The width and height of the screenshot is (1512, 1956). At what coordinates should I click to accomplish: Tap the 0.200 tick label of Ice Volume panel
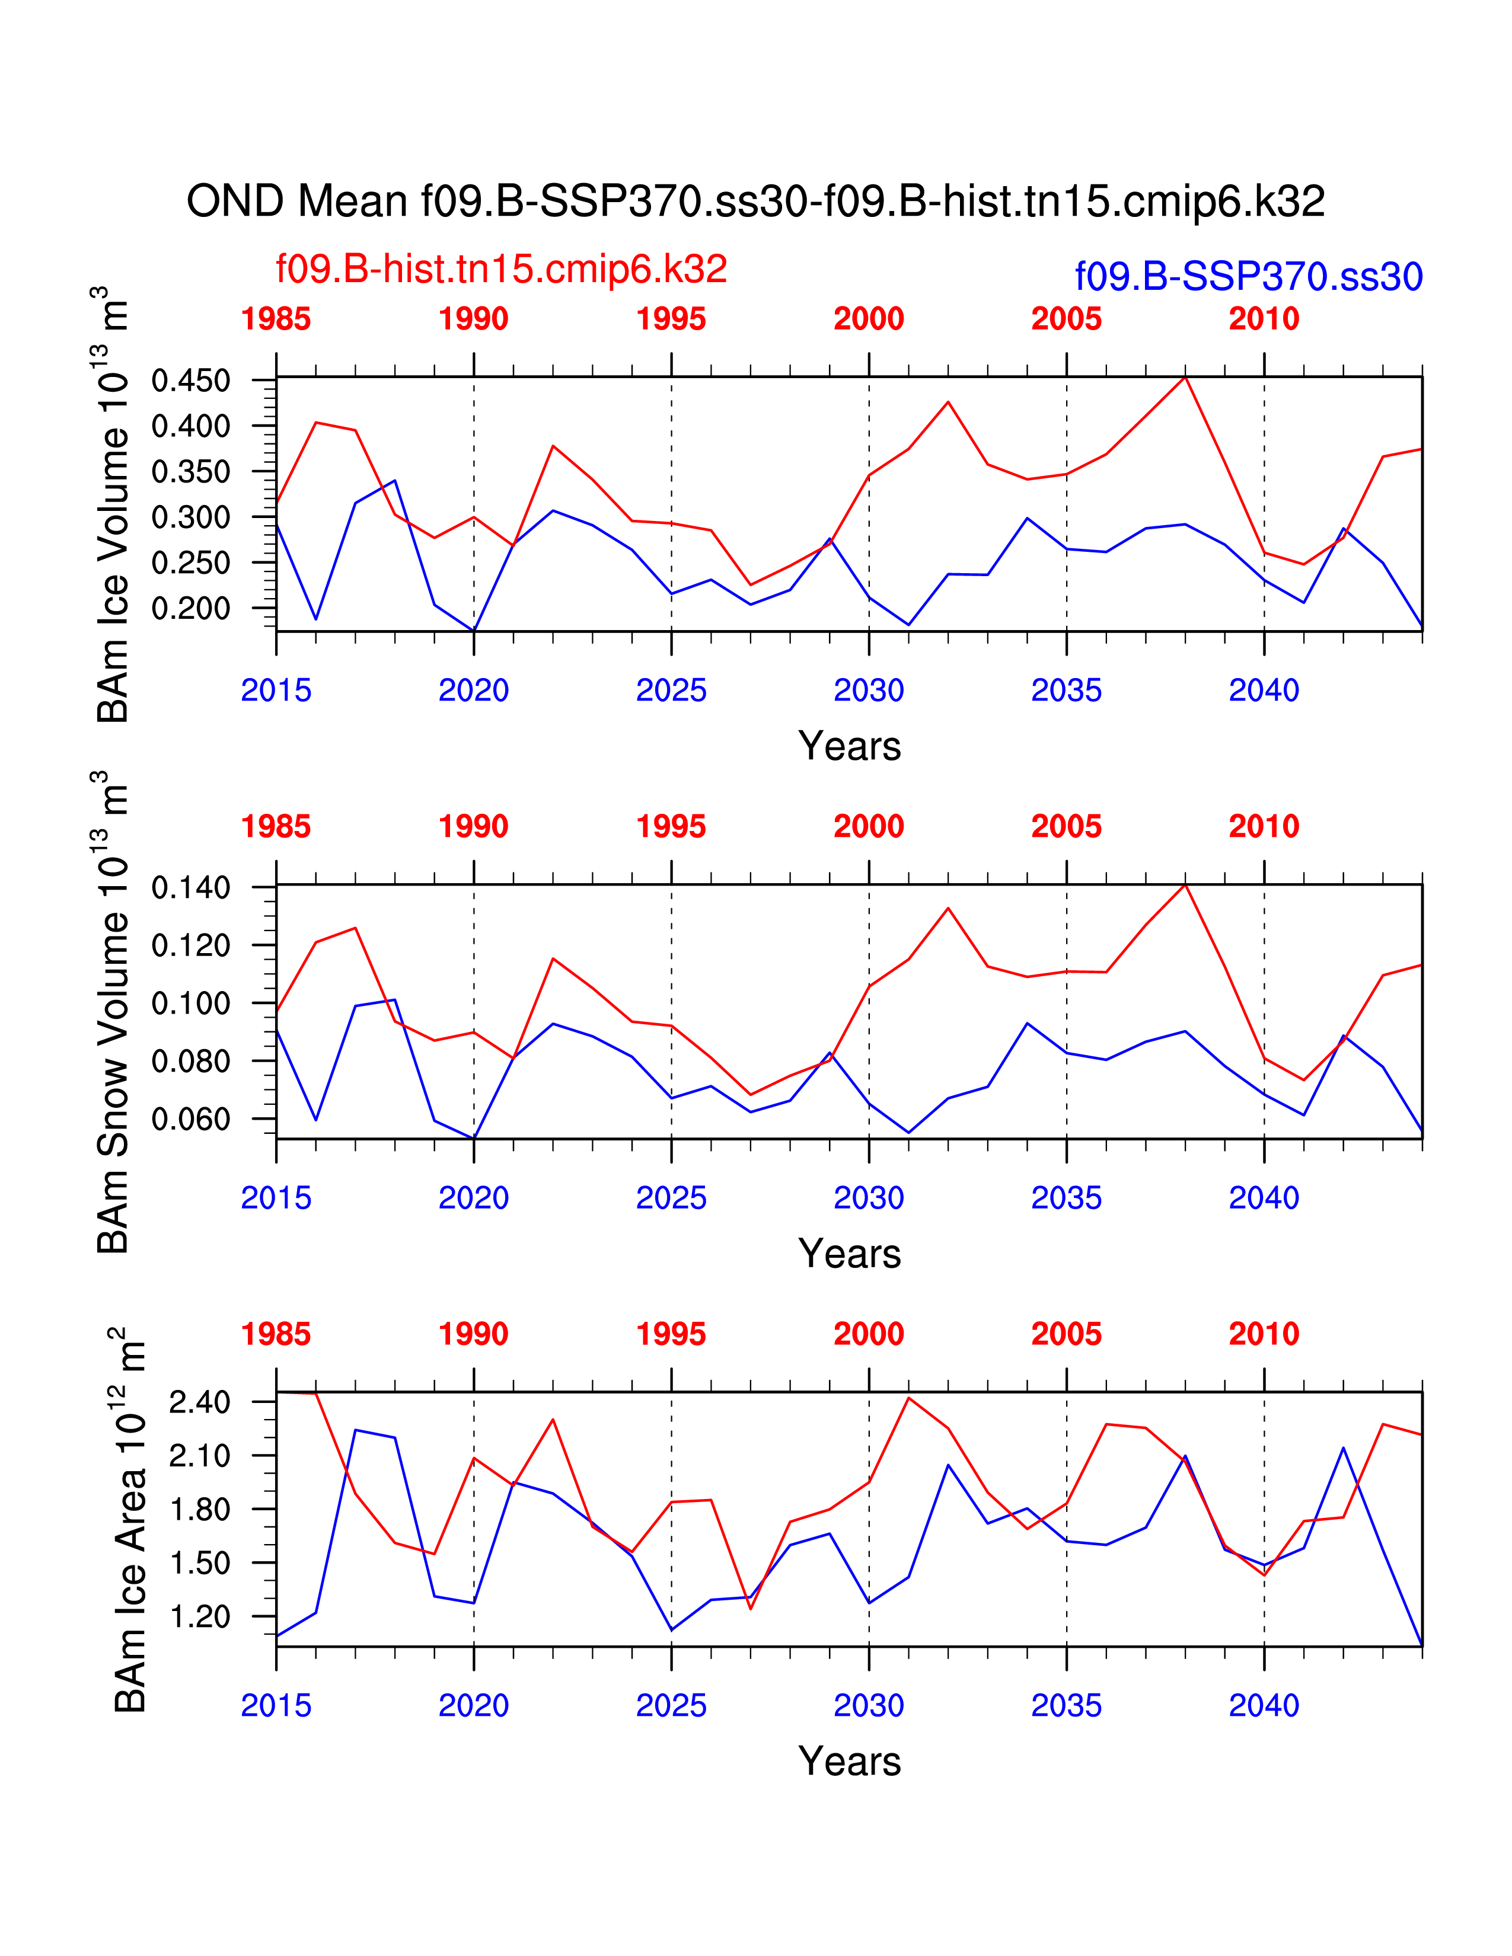point(191,608)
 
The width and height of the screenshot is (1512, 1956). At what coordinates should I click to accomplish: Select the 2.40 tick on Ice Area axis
point(199,1402)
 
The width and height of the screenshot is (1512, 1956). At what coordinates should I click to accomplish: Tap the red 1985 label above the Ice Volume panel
point(276,319)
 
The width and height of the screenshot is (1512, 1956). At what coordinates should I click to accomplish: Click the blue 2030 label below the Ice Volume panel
point(869,691)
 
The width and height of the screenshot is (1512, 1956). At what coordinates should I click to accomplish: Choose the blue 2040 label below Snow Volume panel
point(1264,1198)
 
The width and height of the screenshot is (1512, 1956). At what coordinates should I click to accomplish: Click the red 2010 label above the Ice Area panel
point(1264,1334)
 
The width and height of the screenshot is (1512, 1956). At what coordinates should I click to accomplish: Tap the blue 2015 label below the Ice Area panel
point(276,1705)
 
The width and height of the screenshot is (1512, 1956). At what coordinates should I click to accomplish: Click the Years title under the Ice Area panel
point(849,1762)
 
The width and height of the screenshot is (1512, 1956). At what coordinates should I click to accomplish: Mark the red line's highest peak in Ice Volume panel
point(1185,377)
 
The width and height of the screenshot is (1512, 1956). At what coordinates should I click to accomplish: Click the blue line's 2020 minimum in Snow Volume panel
point(474,1138)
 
